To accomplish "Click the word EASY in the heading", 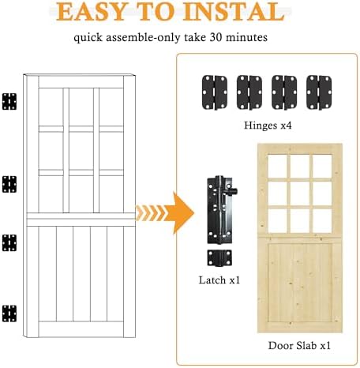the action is coord(91,12).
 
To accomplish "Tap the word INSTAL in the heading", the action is coord(234,12).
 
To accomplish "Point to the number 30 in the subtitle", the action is coord(216,37).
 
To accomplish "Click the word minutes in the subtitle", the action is coord(247,37).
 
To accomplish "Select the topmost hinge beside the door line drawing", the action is coord(9,101).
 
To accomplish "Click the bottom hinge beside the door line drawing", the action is coord(9,314).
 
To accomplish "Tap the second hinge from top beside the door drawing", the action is coord(9,184).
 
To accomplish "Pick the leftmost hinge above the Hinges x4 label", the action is coord(215,92).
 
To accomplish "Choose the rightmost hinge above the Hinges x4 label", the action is coord(319,92).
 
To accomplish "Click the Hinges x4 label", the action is coord(268,126).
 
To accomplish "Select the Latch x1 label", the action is coord(219,280).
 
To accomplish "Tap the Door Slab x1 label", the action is coord(299,345).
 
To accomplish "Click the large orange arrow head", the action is coord(182,213).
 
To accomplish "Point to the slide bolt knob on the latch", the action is coord(232,191).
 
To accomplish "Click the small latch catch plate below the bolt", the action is coord(219,257).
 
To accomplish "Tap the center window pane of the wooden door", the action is coord(300,193).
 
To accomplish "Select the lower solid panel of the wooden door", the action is coord(300,283).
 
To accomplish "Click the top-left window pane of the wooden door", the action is coord(277,167).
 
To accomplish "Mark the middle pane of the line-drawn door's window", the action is coord(81,150).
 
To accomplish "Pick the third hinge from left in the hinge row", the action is coord(284,92).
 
